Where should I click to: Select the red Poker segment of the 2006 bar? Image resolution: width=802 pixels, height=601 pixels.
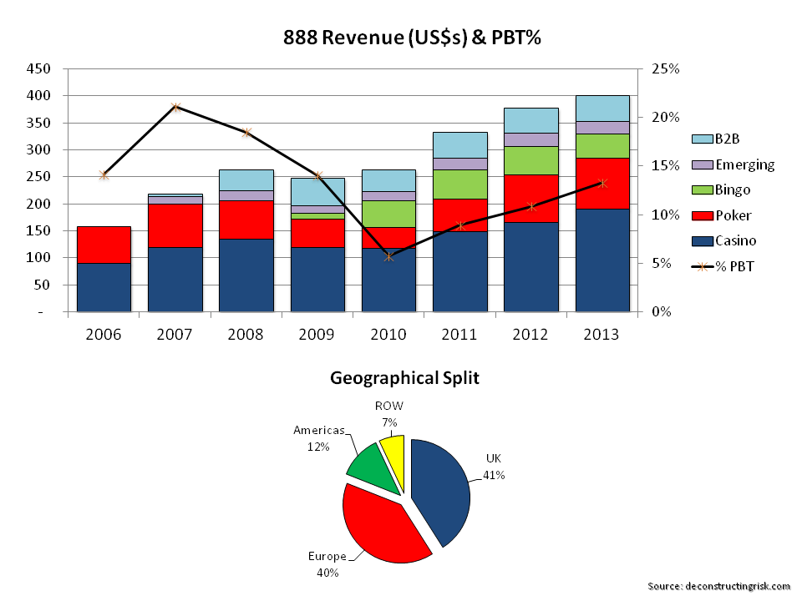(x=104, y=245)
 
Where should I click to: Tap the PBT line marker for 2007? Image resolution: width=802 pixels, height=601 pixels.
(x=175, y=107)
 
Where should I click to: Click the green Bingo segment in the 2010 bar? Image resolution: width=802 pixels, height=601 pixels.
(x=388, y=214)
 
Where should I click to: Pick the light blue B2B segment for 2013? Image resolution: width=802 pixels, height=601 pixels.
(x=601, y=108)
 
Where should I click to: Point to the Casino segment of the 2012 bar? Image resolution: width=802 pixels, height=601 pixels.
(x=530, y=266)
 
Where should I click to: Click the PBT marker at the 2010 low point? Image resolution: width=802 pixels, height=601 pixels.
(x=388, y=256)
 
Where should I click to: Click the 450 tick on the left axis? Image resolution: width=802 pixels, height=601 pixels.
(x=39, y=68)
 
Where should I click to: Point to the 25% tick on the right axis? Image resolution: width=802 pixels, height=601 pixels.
(x=665, y=68)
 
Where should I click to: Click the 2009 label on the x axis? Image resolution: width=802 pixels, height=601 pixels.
(x=317, y=335)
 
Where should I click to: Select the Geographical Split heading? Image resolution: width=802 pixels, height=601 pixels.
(x=404, y=378)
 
